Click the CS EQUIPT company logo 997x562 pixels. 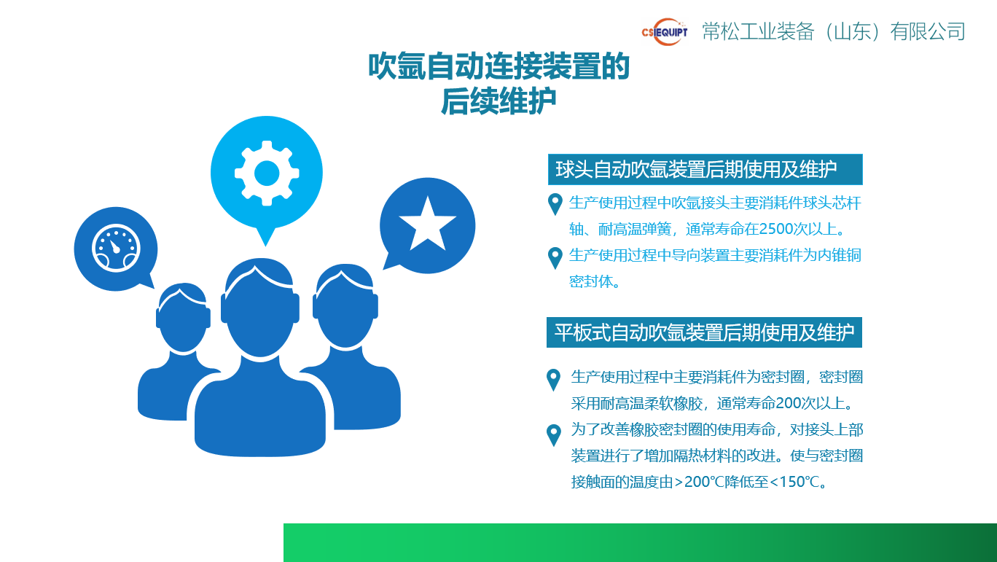point(665,31)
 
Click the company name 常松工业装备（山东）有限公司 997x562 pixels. point(834,31)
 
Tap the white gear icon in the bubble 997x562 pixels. point(267,173)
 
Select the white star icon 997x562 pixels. point(427,225)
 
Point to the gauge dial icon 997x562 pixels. point(115,248)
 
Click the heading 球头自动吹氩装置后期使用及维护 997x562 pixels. point(696,170)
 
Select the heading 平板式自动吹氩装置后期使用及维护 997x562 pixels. point(704,332)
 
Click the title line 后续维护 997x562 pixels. point(498,101)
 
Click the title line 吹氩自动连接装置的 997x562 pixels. point(498,67)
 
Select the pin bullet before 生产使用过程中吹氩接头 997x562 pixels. point(555,203)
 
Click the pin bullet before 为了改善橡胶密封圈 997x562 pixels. point(554,434)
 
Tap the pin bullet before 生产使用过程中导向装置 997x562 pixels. point(555,257)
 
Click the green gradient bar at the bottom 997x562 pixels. point(640,542)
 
